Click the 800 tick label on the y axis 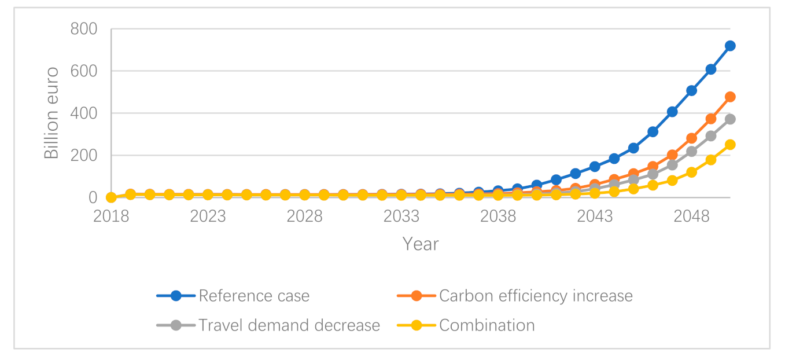[x=84, y=29]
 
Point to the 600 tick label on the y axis [x=84, y=71]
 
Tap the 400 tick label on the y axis [x=84, y=113]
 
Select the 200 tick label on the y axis [x=84, y=156]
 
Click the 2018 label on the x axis [x=111, y=216]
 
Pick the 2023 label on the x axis [x=208, y=216]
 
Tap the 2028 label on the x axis [x=304, y=216]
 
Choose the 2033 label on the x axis [x=401, y=216]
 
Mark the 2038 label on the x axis [x=498, y=216]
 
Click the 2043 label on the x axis [x=595, y=216]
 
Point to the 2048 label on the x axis [x=691, y=216]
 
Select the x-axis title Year [x=421, y=244]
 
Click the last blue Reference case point [x=730, y=46]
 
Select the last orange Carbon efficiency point [x=730, y=97]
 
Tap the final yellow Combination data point [x=730, y=145]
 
